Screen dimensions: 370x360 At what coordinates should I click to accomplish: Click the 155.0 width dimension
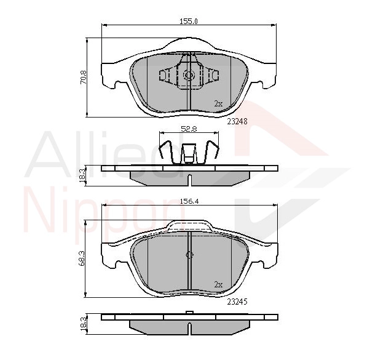coord(189,22)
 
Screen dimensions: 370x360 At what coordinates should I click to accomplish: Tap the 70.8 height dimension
coord(84,78)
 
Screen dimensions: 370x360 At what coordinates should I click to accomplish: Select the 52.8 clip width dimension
coord(189,129)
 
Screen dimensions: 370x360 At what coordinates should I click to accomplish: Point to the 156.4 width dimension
coord(189,201)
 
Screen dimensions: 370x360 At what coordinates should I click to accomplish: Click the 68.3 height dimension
coord(82,258)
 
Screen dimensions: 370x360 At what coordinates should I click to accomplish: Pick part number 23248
coord(237,121)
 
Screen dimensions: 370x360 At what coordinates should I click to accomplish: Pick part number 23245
coord(237,302)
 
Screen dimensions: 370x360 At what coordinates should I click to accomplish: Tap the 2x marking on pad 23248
coord(218,103)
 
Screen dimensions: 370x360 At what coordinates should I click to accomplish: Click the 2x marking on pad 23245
coord(218,284)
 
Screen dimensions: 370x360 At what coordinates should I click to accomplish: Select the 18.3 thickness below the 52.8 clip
coord(82,175)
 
